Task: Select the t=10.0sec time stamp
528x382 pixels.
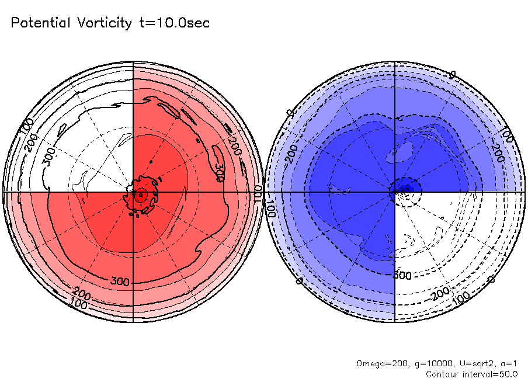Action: click(x=173, y=23)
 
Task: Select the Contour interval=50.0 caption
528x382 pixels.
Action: click(x=471, y=374)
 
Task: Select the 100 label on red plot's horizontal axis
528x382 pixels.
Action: click(x=258, y=191)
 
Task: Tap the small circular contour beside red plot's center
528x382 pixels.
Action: click(x=140, y=196)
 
